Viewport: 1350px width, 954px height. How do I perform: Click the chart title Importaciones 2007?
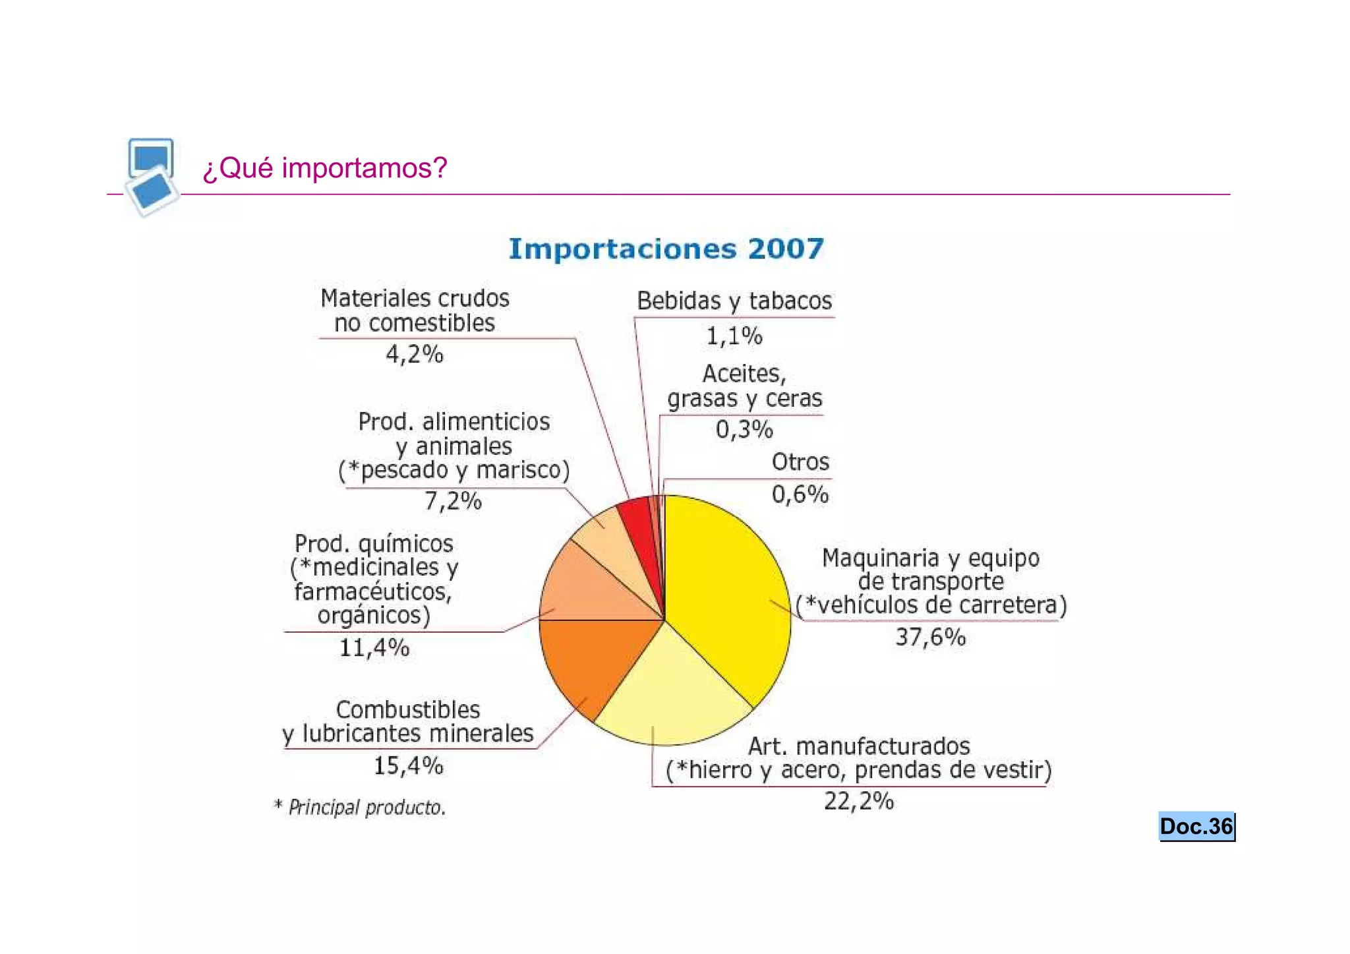pos(666,249)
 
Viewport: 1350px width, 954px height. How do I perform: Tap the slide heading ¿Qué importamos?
pos(325,168)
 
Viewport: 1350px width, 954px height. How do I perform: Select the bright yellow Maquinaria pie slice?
pos(725,593)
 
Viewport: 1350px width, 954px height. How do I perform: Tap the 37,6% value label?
pos(930,638)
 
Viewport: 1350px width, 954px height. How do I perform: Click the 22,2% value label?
pos(859,802)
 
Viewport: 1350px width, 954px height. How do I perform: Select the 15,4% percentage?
pos(409,766)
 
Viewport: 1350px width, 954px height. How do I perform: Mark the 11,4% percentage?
pos(374,648)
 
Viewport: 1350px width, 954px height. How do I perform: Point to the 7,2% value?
pos(453,502)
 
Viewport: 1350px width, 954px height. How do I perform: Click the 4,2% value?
pos(415,355)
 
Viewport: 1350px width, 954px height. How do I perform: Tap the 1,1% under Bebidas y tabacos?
pos(734,337)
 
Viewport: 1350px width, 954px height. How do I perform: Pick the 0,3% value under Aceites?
pos(744,430)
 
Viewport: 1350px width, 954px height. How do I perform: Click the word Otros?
pos(800,462)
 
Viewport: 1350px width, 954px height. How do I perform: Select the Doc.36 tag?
pos(1196,827)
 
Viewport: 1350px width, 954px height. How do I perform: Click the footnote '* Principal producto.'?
pos(360,807)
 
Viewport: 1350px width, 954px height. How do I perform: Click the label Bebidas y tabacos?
pos(734,301)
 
